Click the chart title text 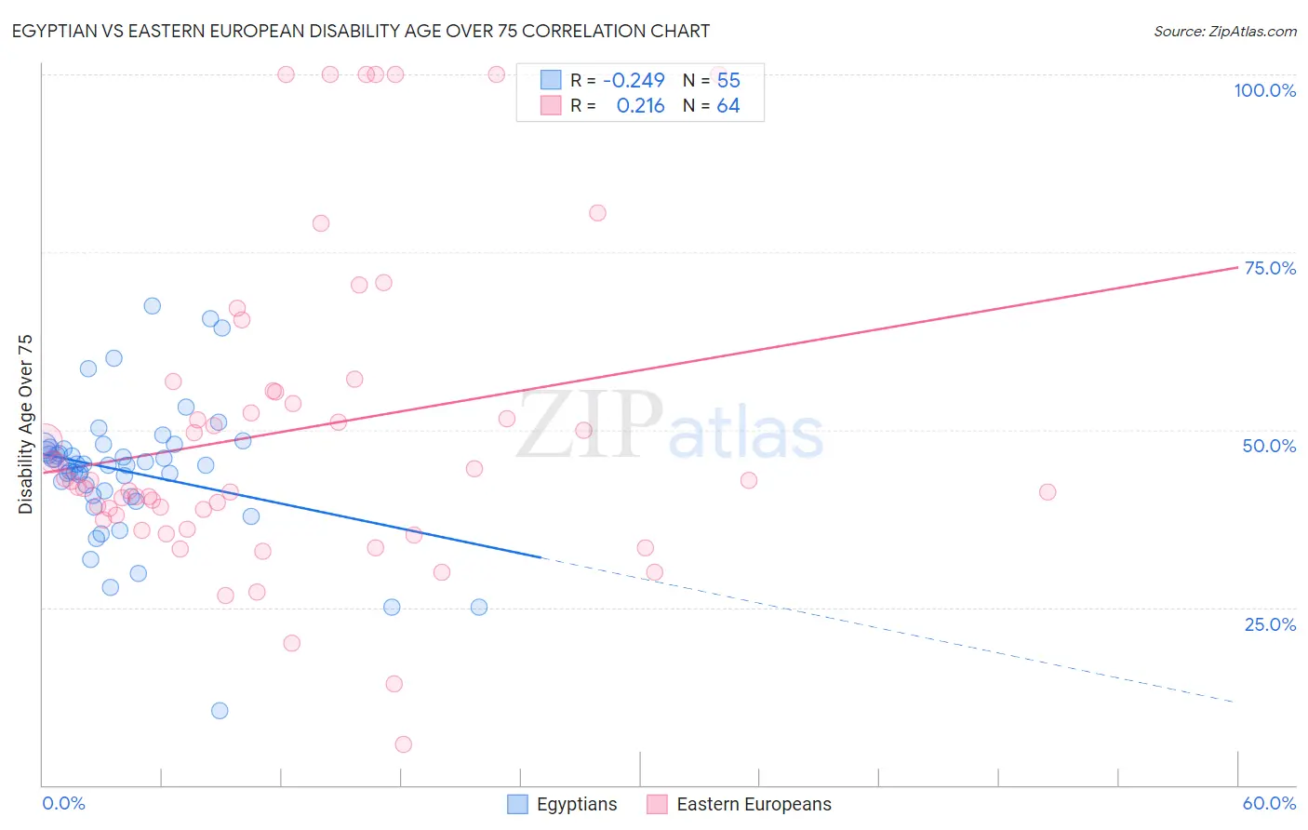(362, 31)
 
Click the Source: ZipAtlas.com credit (1224, 31)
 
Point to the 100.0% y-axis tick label (1264, 90)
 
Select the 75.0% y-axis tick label (1270, 268)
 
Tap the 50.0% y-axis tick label (1269, 446)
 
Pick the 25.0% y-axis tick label (1270, 624)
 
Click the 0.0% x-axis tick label (63, 803)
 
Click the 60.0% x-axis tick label (1269, 803)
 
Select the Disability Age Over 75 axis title (25, 423)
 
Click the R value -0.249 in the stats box (634, 81)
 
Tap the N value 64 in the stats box (728, 106)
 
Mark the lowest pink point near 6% (403, 744)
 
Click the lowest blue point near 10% (220, 711)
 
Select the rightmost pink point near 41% (1048, 492)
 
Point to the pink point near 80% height (597, 213)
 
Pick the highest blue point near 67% (153, 306)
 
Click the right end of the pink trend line (1237, 267)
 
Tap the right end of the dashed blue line (1235, 702)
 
